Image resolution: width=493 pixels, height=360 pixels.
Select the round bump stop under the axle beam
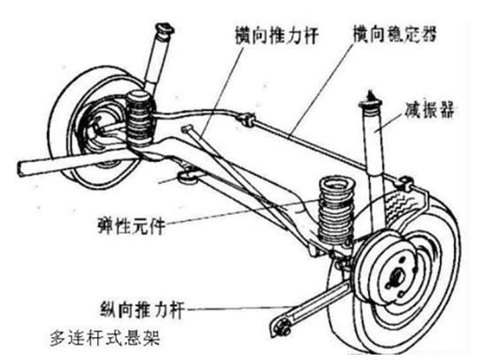pos(188,180)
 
